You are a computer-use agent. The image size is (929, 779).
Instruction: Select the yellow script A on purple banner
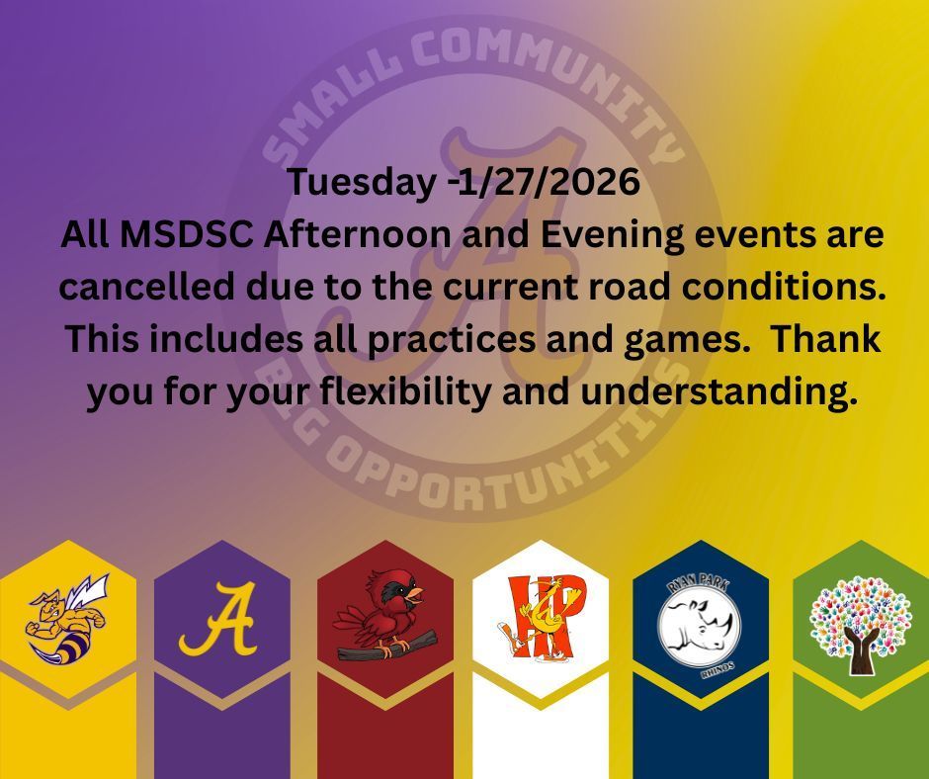pyautogui.click(x=219, y=620)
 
